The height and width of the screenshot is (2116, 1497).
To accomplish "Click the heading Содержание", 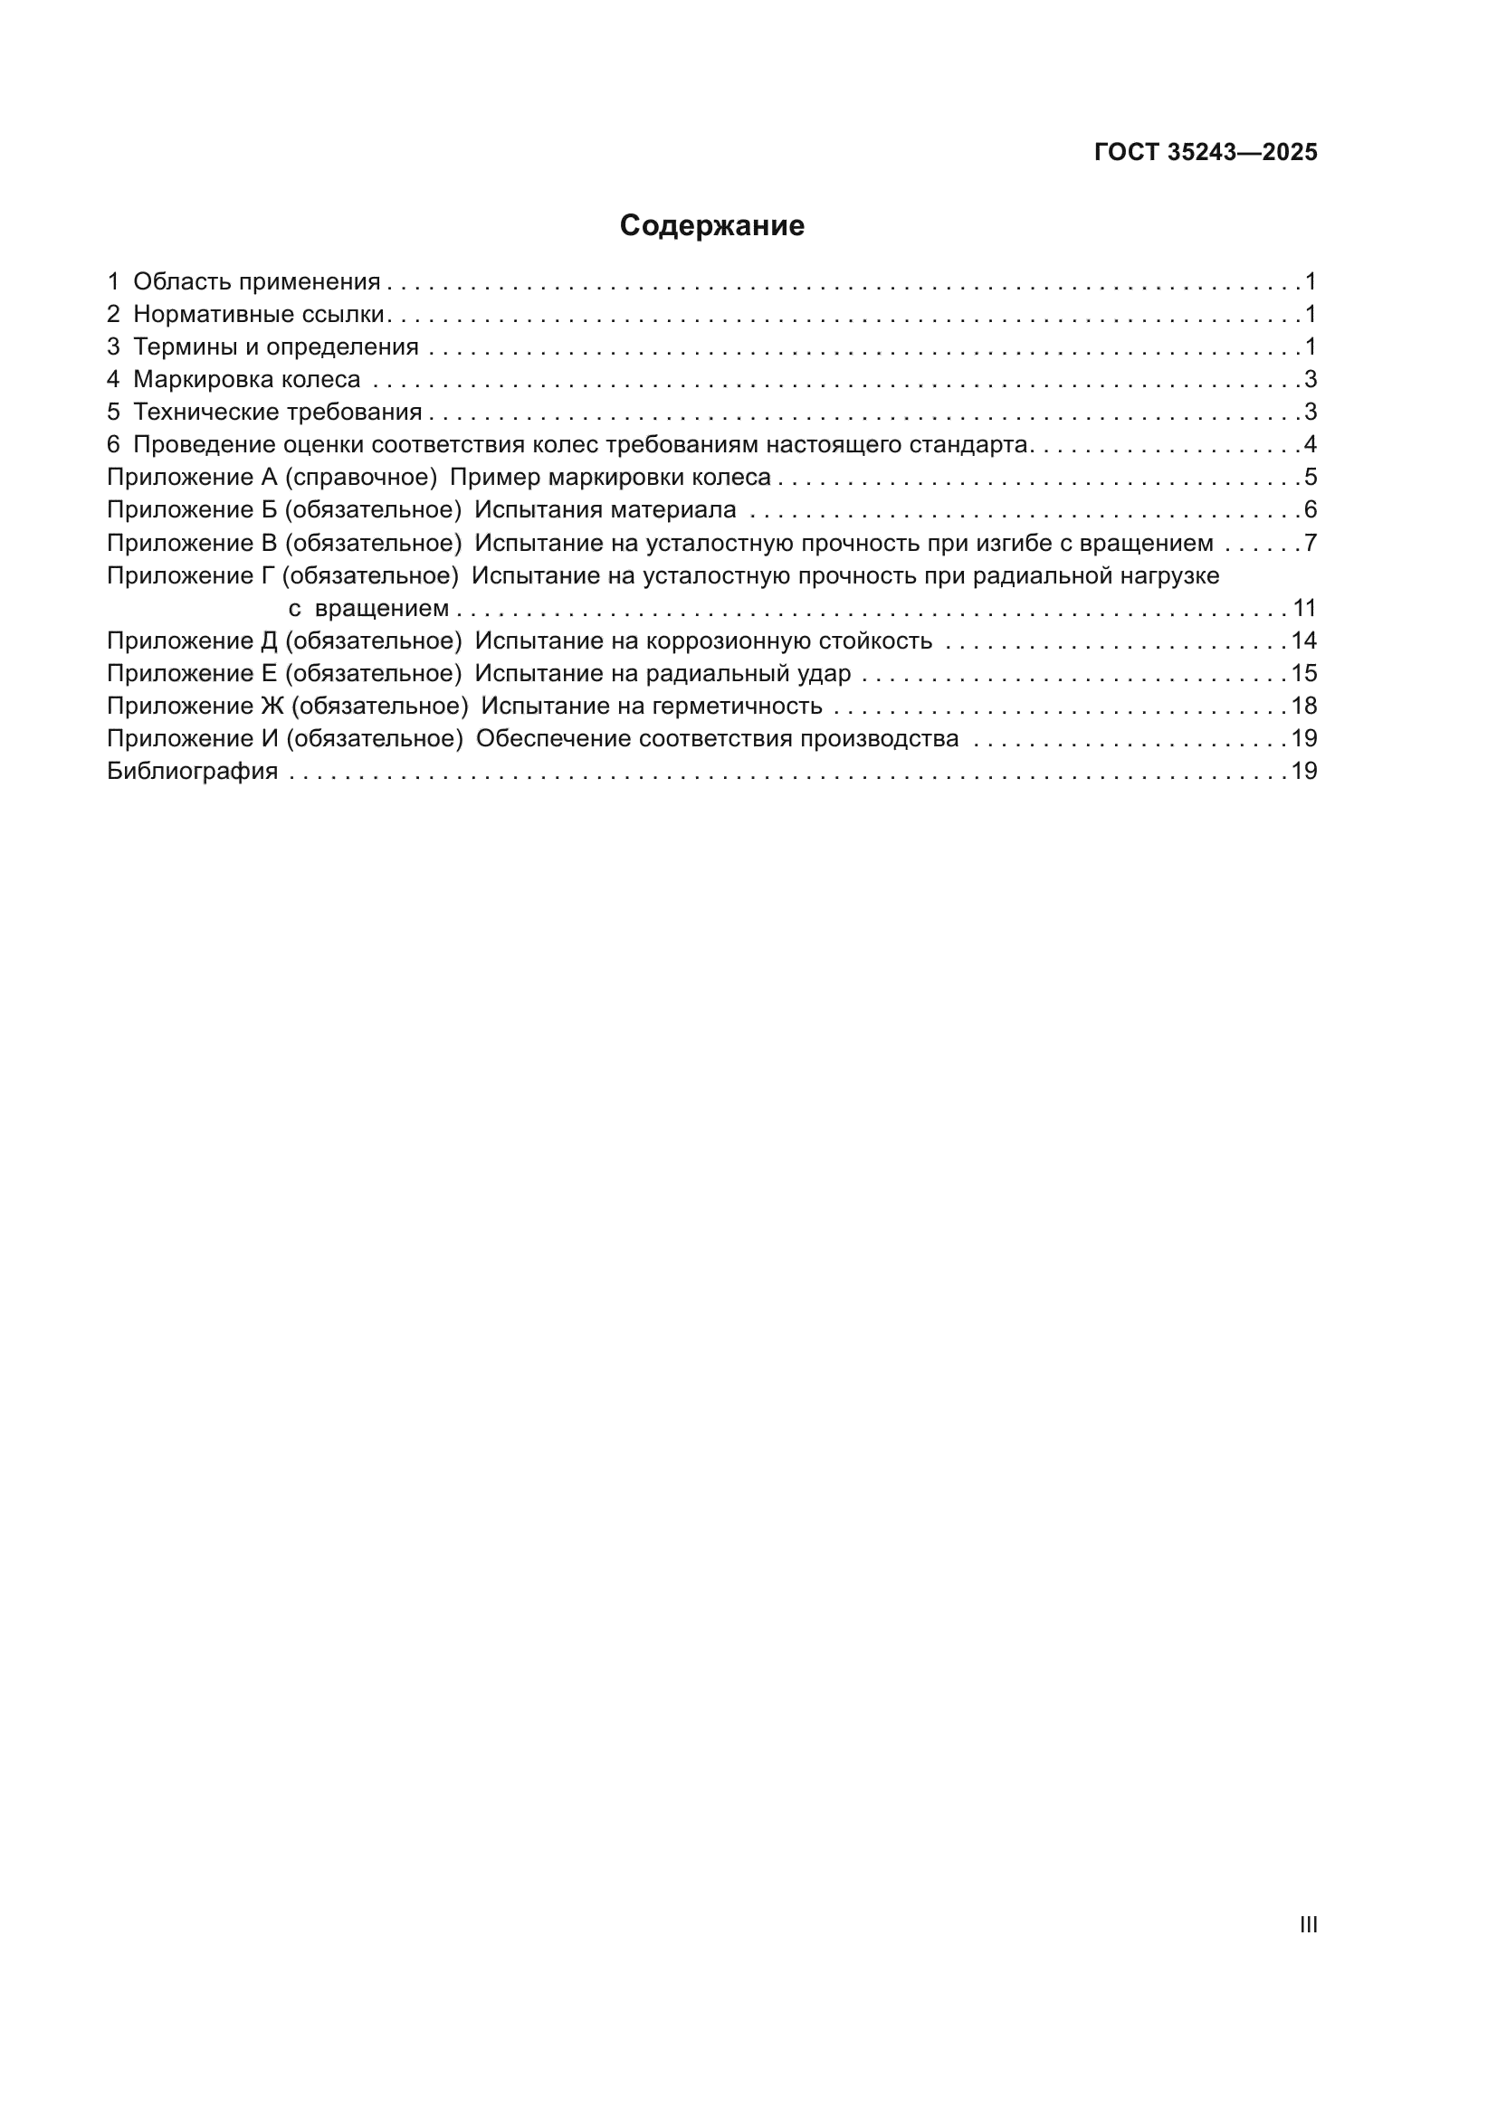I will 711,226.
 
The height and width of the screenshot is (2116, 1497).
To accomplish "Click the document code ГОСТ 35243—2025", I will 1206,153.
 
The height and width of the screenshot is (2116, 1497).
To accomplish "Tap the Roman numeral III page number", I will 1308,1924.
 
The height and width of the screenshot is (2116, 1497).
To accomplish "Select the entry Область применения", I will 256,282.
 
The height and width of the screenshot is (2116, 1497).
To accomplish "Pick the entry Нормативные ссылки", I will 258,314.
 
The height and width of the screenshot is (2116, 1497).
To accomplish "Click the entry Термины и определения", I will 276,347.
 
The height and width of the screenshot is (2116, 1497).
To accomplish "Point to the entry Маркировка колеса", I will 246,380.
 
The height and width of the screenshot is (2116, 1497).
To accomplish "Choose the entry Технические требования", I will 278,412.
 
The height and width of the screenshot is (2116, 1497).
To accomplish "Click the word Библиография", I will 192,772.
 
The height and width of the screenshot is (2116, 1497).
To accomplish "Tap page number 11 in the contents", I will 1304,608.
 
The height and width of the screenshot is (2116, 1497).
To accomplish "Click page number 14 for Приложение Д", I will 1304,640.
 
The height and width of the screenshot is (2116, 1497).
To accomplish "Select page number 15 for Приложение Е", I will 1304,674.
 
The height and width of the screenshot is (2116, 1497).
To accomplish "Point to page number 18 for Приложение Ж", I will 1304,706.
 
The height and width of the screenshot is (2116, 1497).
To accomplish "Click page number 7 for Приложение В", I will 1310,543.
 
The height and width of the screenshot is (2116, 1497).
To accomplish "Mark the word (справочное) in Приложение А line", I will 360,478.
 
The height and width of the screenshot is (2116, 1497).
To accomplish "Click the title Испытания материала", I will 605,509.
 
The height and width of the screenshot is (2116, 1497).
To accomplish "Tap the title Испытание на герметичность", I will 651,706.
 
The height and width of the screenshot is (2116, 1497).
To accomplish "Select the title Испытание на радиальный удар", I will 662,674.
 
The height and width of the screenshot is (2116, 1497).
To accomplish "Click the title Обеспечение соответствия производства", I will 717,739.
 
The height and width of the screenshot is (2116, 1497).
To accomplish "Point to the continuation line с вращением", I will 368,608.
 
